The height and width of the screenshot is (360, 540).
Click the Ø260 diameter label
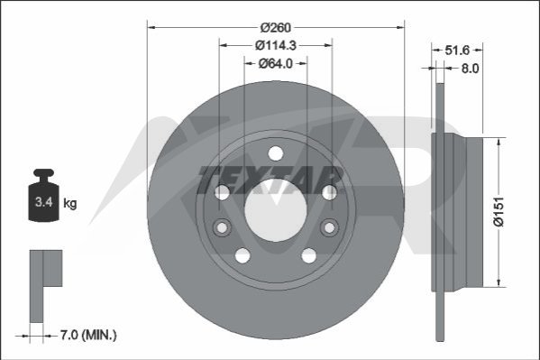coord(276,27)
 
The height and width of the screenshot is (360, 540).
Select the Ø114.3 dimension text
coord(276,45)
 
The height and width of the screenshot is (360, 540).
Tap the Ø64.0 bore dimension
coord(276,63)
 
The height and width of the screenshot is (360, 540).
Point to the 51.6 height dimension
coord(457,50)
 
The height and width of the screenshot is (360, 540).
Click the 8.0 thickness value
coord(470,69)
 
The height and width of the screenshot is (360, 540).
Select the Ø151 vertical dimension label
coord(499,212)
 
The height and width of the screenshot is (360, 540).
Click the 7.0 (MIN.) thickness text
coord(88,335)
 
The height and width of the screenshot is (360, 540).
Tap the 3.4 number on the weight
coord(44,202)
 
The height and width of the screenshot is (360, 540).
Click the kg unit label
coord(70,203)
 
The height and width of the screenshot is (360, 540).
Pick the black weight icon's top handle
coord(44,173)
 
